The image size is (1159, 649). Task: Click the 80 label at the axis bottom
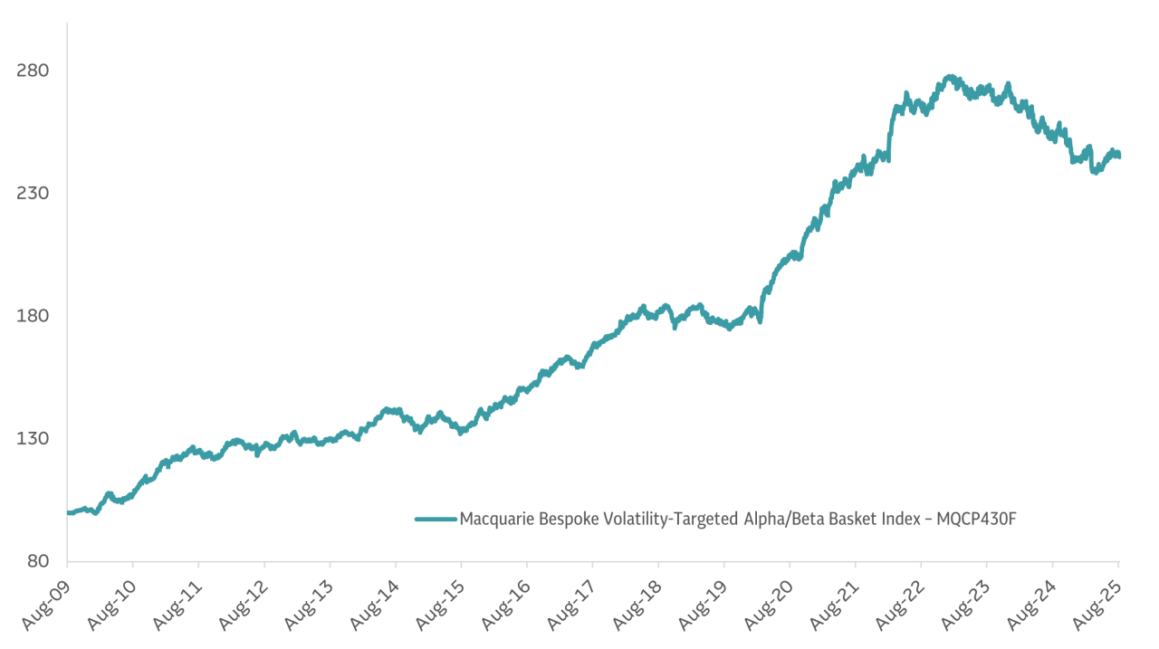(x=37, y=561)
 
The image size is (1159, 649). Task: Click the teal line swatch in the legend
(x=436, y=519)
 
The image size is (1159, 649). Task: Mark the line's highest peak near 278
(x=949, y=77)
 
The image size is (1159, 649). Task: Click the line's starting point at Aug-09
(x=69, y=512)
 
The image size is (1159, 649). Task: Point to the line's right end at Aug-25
(x=1118, y=156)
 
